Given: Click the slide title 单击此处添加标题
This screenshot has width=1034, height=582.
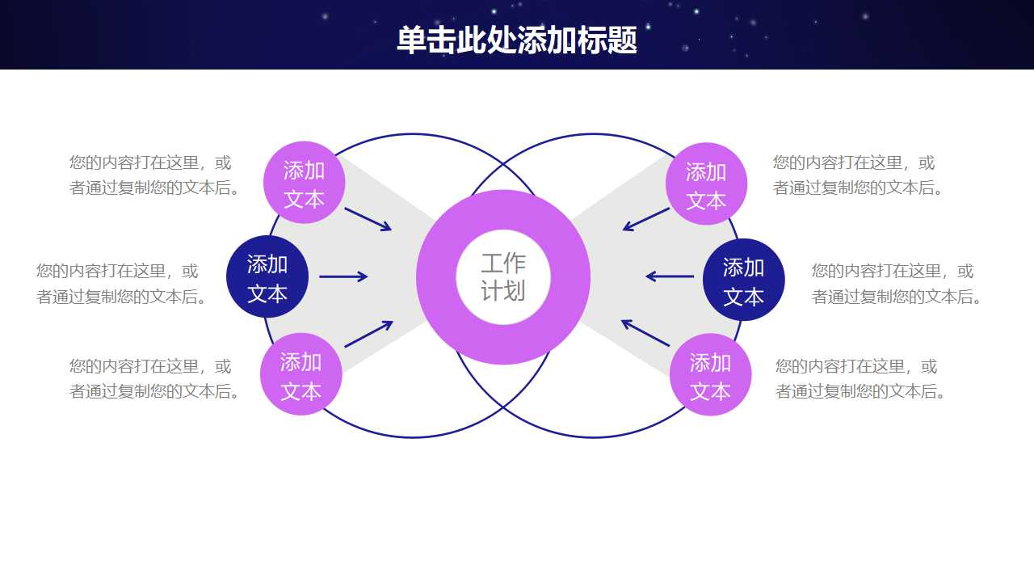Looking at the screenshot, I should click(x=517, y=40).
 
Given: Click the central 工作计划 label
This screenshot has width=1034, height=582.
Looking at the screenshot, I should click(x=503, y=276).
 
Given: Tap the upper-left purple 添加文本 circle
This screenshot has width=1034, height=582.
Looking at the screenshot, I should click(x=305, y=183).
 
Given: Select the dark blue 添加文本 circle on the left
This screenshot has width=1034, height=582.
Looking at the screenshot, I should click(x=267, y=277).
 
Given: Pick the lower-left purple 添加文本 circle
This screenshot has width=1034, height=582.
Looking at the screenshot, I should click(x=301, y=375).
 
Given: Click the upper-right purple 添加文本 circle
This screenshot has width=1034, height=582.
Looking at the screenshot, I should click(x=706, y=185).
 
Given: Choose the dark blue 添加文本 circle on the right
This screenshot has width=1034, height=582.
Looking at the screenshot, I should click(x=743, y=280).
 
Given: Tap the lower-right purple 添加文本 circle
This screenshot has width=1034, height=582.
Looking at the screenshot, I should click(x=710, y=376).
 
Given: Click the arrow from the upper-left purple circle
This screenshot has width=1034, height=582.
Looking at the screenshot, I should click(x=368, y=219).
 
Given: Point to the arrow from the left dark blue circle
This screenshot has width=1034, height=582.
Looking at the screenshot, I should click(x=343, y=276).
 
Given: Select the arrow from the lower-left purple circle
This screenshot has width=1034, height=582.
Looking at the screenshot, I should click(x=368, y=335).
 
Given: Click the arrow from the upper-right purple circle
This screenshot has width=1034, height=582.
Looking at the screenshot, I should click(x=646, y=219).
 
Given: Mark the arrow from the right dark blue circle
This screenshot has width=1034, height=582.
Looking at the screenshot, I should click(x=670, y=276).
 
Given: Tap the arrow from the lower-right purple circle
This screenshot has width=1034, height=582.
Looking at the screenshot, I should click(x=645, y=333).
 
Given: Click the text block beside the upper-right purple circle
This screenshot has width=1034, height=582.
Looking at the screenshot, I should click(x=859, y=175).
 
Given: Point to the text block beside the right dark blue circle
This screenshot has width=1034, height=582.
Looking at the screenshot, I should click(x=897, y=284).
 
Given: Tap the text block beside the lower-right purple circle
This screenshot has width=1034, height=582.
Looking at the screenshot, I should click(x=860, y=378).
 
